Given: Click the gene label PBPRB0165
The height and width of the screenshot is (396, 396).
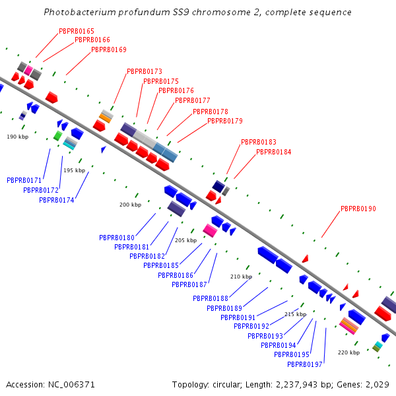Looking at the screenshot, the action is (x=77, y=31).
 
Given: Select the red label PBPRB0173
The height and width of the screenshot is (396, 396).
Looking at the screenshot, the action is (x=145, y=71).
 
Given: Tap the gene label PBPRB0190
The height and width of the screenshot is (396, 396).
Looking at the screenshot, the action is (x=358, y=209).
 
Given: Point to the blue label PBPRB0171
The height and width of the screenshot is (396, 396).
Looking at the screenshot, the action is (x=24, y=180).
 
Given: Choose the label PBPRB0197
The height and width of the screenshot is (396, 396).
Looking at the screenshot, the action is (x=305, y=364).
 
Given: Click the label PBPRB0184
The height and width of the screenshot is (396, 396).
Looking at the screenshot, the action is (x=274, y=152).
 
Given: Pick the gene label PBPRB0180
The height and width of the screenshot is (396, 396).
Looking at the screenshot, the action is (x=117, y=238).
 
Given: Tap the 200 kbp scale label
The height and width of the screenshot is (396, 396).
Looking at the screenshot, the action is (x=130, y=205).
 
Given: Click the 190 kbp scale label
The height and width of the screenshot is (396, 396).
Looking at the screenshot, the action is (x=18, y=137).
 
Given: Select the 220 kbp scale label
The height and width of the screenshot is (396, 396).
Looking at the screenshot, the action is (x=348, y=352).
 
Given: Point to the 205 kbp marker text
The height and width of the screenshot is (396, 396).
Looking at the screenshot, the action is (x=186, y=240).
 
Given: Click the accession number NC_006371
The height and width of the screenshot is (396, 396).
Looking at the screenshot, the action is (x=71, y=385).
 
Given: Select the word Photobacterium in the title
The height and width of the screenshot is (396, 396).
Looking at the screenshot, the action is (x=80, y=12).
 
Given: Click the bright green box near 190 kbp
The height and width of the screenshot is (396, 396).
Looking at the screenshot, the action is (x=58, y=136).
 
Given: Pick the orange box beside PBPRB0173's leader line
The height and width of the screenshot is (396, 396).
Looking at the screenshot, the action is (x=105, y=118).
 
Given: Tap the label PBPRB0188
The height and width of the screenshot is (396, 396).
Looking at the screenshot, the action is (x=211, y=298).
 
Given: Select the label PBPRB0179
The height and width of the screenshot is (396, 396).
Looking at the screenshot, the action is (x=225, y=121).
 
